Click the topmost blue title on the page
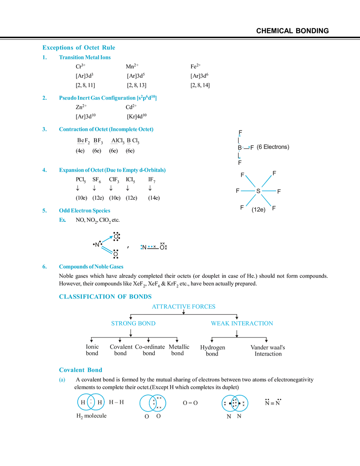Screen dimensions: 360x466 (x=79, y=48)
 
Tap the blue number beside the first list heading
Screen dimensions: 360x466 (x=44, y=58)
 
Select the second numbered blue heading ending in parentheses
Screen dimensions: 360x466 (x=107, y=98)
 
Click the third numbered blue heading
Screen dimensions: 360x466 (x=106, y=130)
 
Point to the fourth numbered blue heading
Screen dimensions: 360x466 (x=112, y=170)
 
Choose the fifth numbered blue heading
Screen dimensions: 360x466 (x=84, y=211)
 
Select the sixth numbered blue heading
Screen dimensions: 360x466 (x=91, y=267)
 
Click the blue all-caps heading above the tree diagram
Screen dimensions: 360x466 (x=104, y=296)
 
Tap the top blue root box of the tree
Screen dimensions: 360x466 (x=184, y=306)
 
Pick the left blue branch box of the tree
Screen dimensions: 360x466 (x=133, y=323)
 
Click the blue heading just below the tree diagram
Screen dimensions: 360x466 (x=80, y=370)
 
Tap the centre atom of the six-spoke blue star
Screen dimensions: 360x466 (x=258, y=190)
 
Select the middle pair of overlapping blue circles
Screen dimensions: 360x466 (x=153, y=403)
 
